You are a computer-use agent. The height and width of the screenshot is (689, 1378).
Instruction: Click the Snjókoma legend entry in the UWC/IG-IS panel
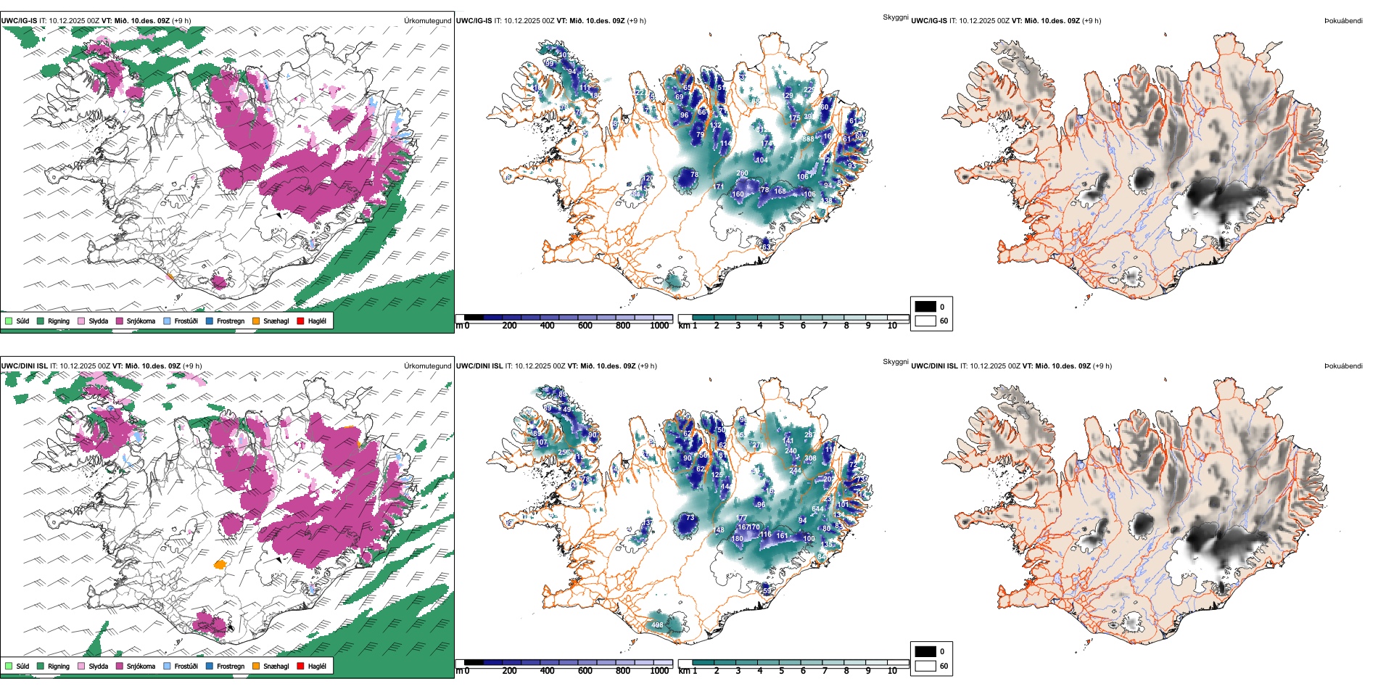click(141, 321)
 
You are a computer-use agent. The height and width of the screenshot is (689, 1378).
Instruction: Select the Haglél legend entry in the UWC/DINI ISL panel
click(316, 666)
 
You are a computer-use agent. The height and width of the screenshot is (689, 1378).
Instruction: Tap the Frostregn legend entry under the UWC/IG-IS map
click(230, 321)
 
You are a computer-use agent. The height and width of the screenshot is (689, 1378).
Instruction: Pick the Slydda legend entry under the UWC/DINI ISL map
click(98, 666)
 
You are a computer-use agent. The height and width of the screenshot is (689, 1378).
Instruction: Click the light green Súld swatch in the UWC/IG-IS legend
click(9, 321)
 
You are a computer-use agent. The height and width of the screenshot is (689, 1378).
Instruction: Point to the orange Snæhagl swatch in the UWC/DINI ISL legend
click(256, 666)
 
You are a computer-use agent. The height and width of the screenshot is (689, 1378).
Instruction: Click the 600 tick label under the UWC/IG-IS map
click(585, 326)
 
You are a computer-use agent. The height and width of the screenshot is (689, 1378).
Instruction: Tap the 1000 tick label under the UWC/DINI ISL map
click(659, 671)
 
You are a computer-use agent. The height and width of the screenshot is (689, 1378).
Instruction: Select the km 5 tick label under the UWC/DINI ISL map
click(782, 671)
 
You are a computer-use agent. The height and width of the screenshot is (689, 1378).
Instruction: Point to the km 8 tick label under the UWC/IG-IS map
click(846, 326)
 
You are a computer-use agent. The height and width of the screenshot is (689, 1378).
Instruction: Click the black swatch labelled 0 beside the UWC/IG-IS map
click(925, 306)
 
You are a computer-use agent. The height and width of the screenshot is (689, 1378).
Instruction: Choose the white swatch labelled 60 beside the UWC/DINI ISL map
click(925, 666)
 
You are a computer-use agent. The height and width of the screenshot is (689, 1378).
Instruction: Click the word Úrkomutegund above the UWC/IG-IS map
click(427, 21)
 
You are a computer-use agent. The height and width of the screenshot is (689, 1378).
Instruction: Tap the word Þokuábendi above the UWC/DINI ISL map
click(1343, 366)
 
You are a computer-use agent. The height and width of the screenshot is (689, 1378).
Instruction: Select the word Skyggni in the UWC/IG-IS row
click(896, 17)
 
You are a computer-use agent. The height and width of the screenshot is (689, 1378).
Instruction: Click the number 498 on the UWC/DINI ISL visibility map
click(657, 625)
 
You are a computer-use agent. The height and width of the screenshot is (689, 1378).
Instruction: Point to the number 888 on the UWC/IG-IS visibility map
click(808, 139)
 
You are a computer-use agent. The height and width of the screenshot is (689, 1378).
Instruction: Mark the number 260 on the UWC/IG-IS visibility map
click(742, 174)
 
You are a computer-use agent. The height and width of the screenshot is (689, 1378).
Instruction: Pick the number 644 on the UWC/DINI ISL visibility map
click(817, 509)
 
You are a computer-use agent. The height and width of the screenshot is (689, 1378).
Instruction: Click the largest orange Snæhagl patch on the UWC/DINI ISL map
click(220, 564)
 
